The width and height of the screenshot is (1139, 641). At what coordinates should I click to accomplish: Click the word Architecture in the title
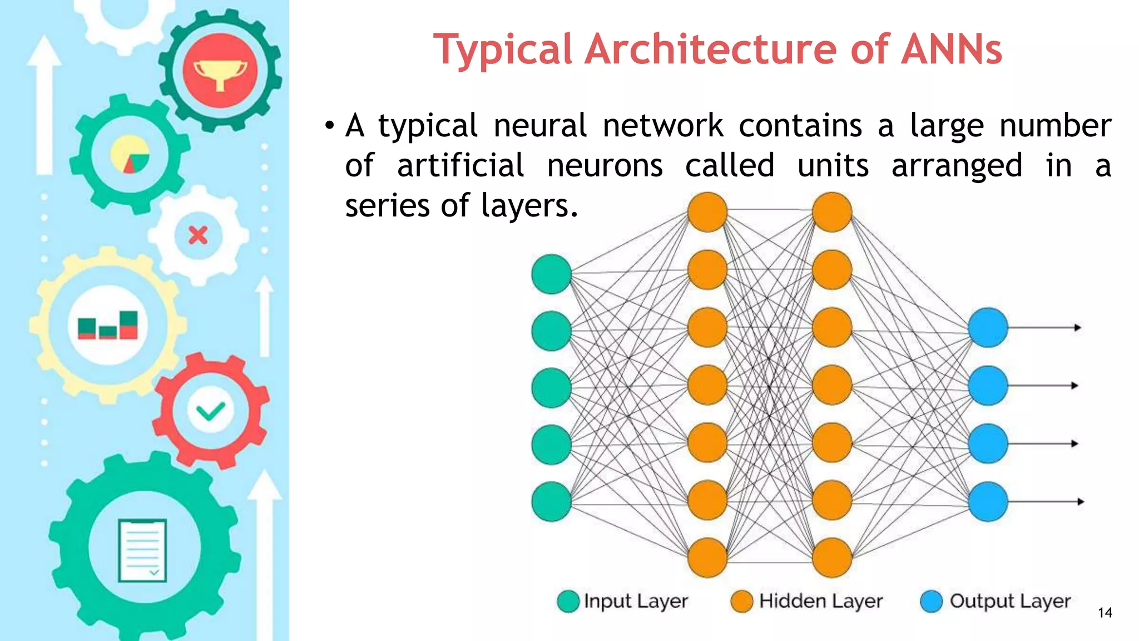coord(711,50)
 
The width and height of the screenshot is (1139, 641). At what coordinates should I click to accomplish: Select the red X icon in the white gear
coord(198,235)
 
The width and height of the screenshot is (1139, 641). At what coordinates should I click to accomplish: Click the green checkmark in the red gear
coord(210,411)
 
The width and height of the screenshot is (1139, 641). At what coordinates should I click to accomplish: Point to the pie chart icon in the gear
coord(130,154)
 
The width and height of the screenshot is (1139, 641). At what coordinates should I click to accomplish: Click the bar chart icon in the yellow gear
coord(107,325)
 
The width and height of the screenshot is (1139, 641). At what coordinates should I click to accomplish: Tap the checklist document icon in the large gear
coord(142,550)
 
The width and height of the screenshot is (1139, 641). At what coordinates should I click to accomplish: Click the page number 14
coord(1105,613)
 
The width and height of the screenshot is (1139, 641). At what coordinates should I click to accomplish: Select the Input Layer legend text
coord(636,601)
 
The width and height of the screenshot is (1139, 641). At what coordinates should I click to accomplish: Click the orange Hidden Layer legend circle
coord(742,601)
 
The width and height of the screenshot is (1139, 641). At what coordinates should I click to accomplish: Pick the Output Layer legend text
coord(1010,601)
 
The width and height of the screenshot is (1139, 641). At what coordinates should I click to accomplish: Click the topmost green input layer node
coord(551,274)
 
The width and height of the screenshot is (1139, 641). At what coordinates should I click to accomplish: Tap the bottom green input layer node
coord(551,501)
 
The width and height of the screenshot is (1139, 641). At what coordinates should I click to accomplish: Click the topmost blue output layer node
coord(988,328)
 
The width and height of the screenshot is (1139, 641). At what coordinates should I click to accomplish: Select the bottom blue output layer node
coord(988,501)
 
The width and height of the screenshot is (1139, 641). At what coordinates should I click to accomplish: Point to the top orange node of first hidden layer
coord(707,212)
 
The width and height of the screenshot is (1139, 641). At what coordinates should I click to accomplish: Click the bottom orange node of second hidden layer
coord(832,558)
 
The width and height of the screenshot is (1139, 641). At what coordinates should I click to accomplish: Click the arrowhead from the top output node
coord(1078,328)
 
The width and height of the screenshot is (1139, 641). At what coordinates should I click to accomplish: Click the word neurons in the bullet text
coord(605,166)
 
